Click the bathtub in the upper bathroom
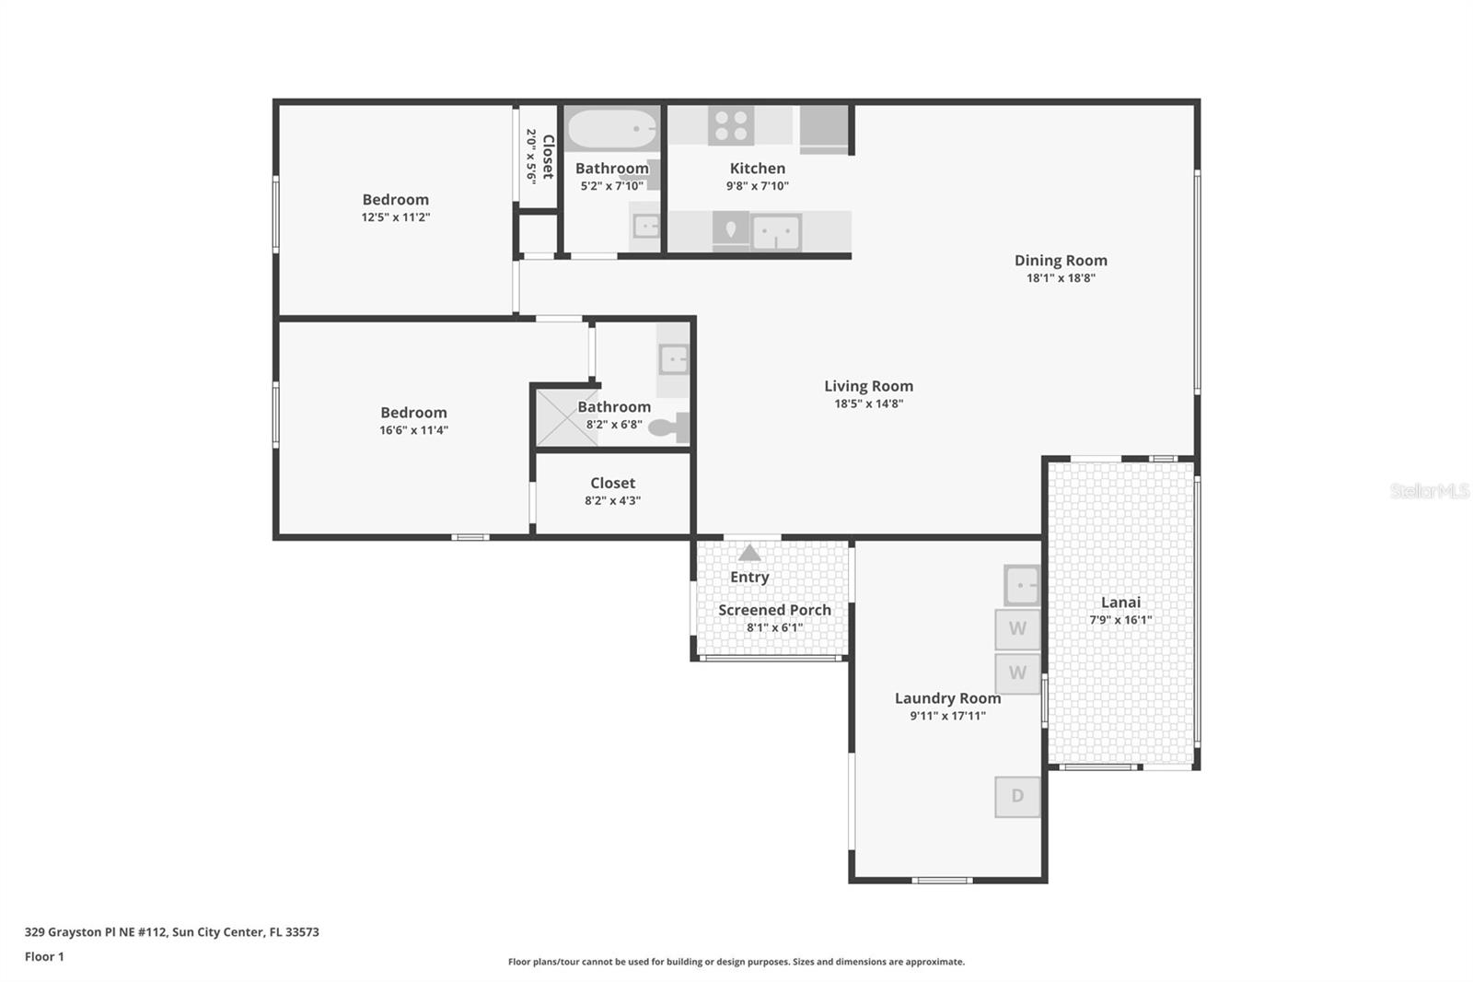pyautogui.click(x=612, y=129)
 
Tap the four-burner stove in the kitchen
pyautogui.click(x=731, y=125)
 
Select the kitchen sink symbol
pyautogui.click(x=777, y=232)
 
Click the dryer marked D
pyautogui.click(x=1017, y=797)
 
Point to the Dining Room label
pyautogui.click(x=1061, y=260)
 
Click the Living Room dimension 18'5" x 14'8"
pyautogui.click(x=869, y=403)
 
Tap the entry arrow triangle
pyautogui.click(x=749, y=552)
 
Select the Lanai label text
pyautogui.click(x=1120, y=602)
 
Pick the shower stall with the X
pyautogui.click(x=566, y=418)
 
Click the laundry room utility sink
pyautogui.click(x=1022, y=585)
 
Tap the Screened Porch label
pyautogui.click(x=774, y=610)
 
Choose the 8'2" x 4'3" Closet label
pyautogui.click(x=613, y=483)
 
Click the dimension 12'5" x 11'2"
pyautogui.click(x=396, y=217)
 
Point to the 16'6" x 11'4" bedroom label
pyautogui.click(x=413, y=413)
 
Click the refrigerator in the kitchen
pyautogui.click(x=823, y=130)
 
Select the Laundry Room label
pyautogui.click(x=947, y=698)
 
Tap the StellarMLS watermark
pyautogui.click(x=1430, y=491)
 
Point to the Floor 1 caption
pyautogui.click(x=44, y=957)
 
